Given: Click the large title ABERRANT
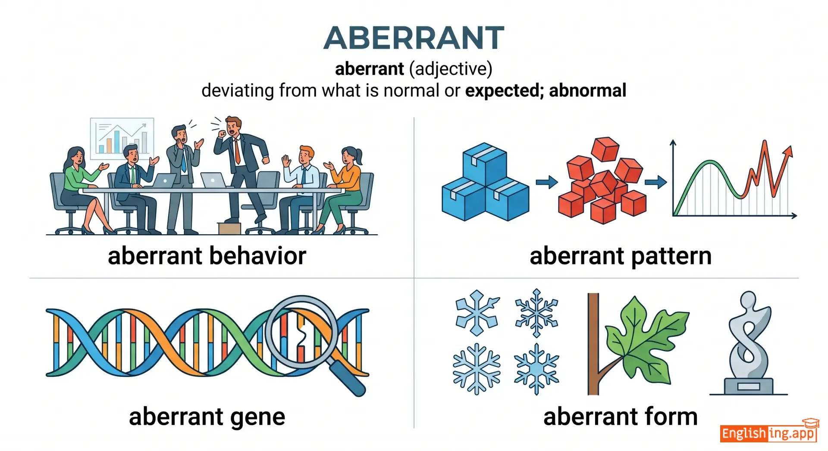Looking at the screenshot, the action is [x=414, y=38].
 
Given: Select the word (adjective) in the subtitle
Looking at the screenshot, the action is [x=450, y=69].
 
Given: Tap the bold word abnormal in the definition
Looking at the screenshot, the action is [x=587, y=90].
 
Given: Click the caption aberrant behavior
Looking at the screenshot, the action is [x=207, y=256].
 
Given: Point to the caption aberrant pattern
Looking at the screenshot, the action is [x=621, y=256].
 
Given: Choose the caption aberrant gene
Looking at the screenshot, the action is [x=207, y=417].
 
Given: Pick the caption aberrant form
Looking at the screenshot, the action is [x=621, y=417].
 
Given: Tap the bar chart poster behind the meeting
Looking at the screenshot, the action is [x=122, y=137].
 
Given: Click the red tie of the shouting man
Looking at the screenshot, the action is [x=237, y=150].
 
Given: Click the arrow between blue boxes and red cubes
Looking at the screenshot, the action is [x=546, y=182].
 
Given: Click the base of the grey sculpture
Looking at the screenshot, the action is [x=749, y=386].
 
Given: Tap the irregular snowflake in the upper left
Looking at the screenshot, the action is [x=477, y=313].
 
